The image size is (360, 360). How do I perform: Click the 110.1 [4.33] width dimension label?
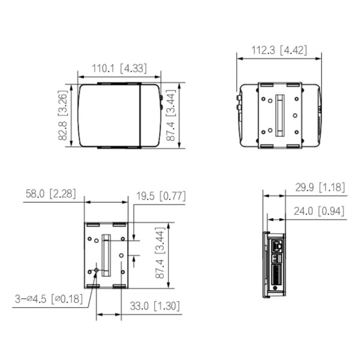click(118, 68)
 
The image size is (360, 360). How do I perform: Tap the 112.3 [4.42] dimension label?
click(278, 50)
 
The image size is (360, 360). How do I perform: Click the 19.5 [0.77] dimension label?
click(160, 196)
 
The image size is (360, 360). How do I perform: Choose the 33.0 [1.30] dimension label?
click(154, 306)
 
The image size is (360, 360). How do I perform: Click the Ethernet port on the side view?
click(277, 246)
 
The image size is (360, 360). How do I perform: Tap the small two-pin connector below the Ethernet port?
click(277, 258)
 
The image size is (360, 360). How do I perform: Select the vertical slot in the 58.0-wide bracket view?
click(106, 256)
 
